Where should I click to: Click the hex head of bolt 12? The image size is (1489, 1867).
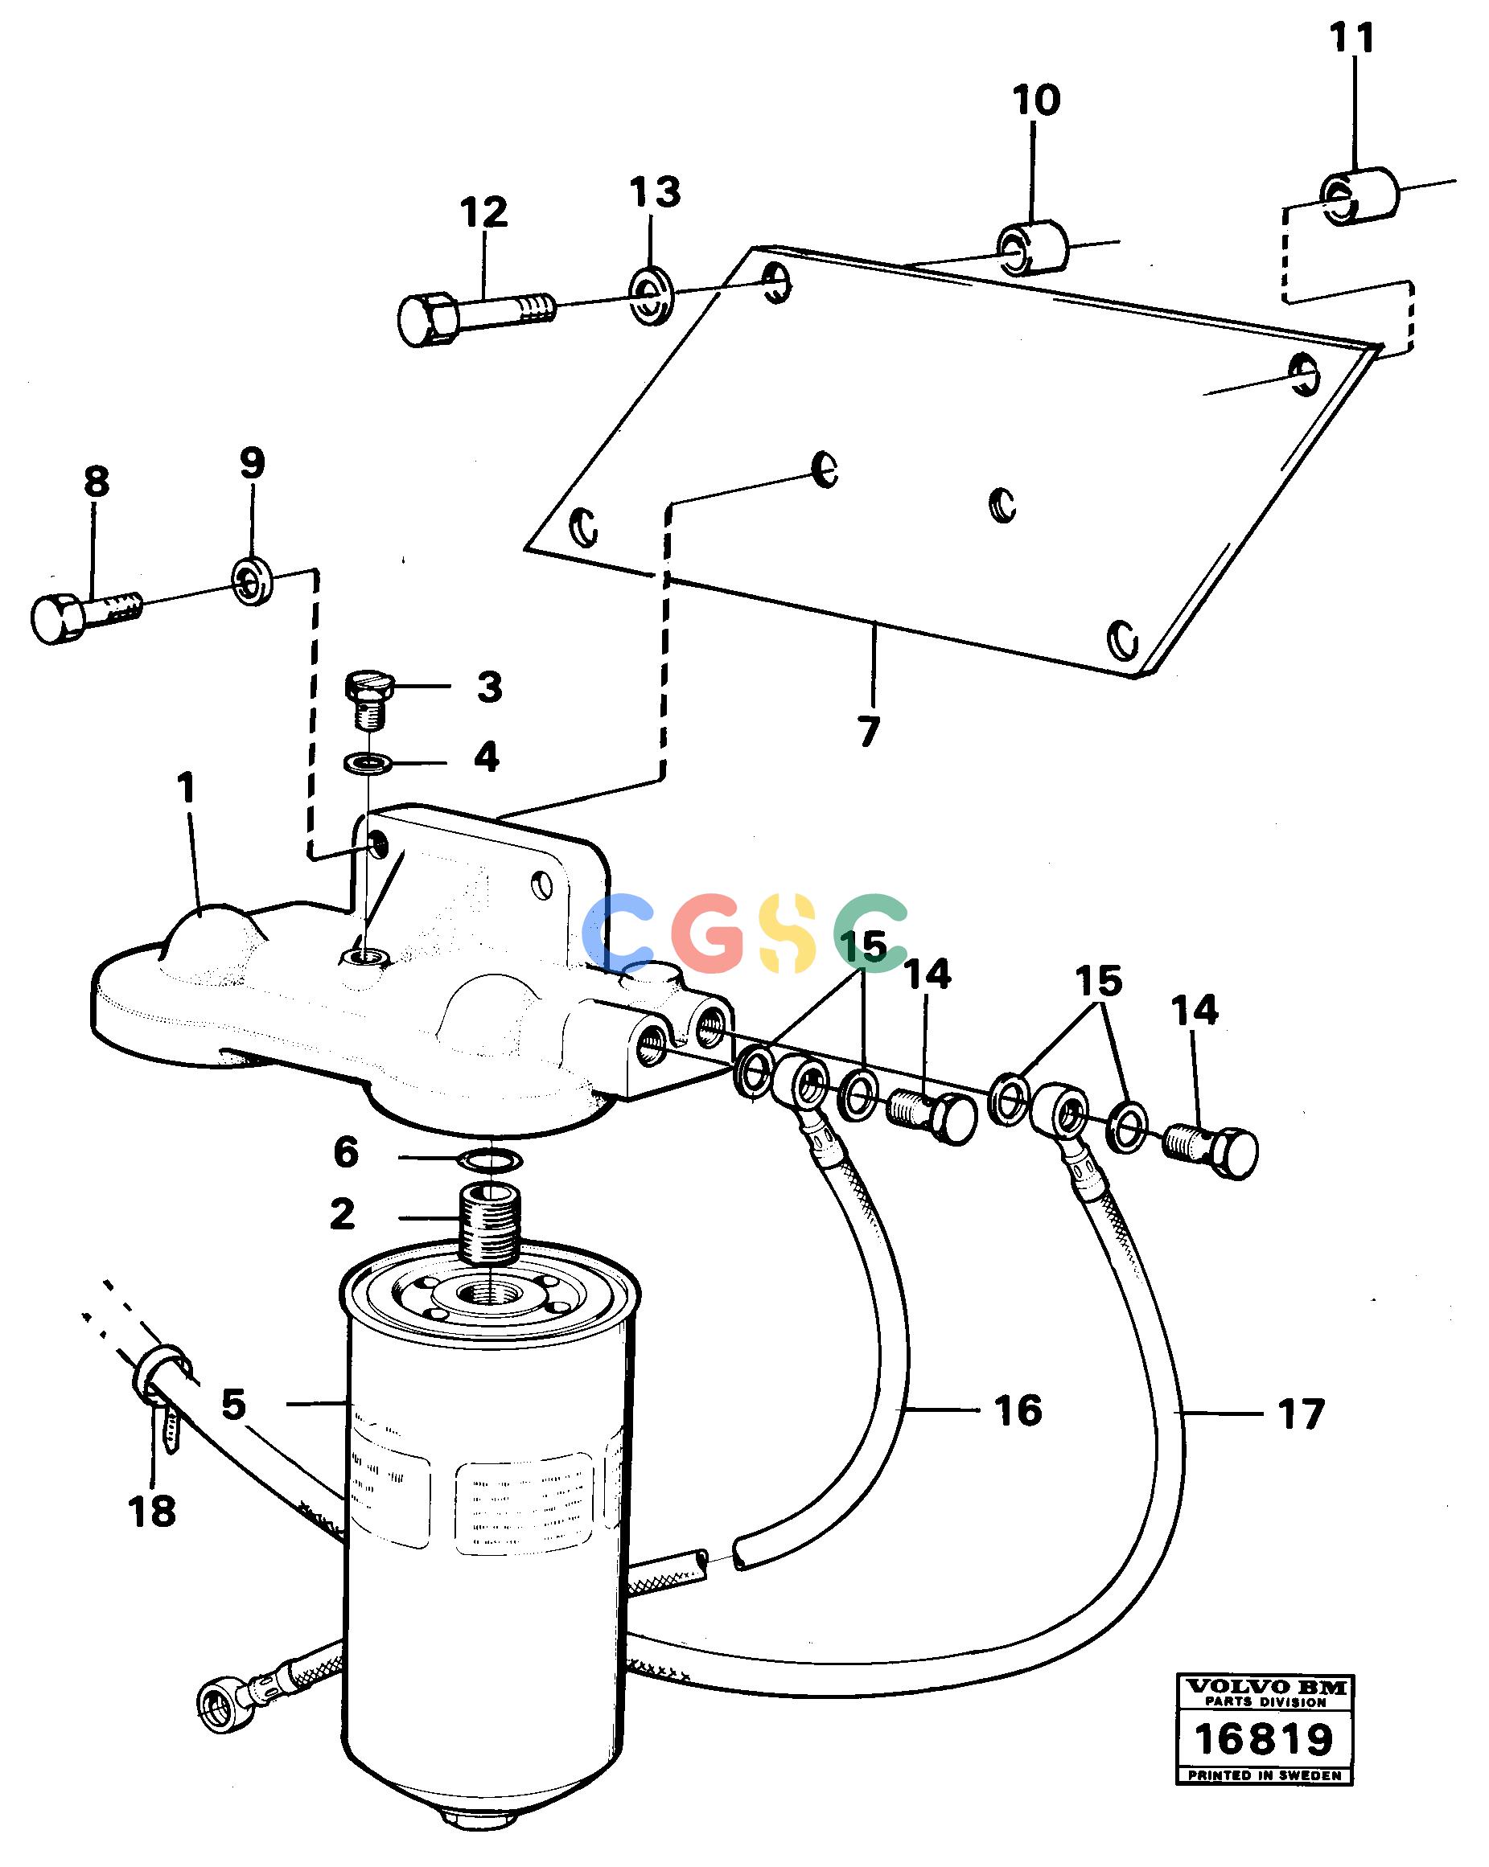(x=424, y=319)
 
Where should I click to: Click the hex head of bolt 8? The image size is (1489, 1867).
(x=60, y=617)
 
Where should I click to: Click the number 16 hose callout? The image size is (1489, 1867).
(x=1018, y=1410)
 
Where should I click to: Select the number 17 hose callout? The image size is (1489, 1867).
(x=1301, y=1415)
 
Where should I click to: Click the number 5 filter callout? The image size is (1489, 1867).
(x=233, y=1404)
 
